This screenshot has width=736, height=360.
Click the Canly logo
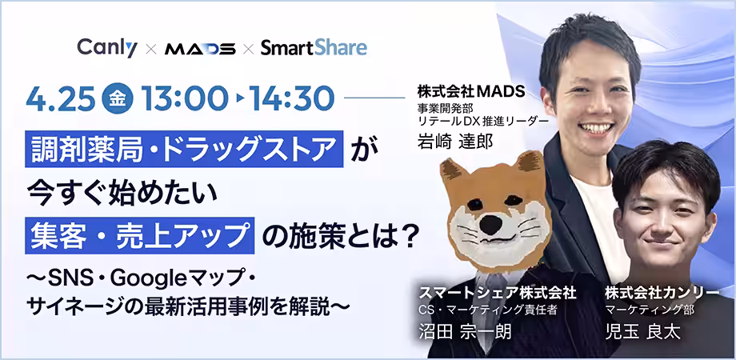click(x=107, y=47)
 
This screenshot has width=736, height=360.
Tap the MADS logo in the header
click(x=200, y=48)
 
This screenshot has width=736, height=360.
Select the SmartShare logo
click(x=314, y=47)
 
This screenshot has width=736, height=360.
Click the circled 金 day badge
click(x=118, y=98)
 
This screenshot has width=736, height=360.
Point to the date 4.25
click(x=60, y=99)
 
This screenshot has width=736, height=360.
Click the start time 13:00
click(x=183, y=99)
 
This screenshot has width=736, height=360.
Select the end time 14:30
click(x=293, y=99)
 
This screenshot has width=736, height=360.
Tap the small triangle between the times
click(x=239, y=98)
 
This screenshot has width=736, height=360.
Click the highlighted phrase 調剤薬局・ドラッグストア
click(x=185, y=149)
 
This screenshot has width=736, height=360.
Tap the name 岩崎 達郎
click(x=455, y=142)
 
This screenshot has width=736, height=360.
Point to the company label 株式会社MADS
click(x=470, y=92)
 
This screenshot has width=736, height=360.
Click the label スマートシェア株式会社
click(x=497, y=294)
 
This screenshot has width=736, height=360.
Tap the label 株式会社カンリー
click(x=662, y=294)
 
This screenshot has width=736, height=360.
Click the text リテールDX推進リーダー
click(x=483, y=121)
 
